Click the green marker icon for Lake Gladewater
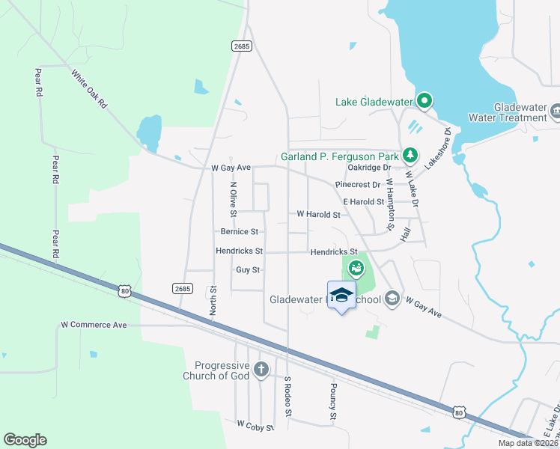pos(424,100)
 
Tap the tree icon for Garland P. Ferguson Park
pos(410,156)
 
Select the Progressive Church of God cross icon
pos(261,369)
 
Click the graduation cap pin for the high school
pos(341,295)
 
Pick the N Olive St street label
pos(234,200)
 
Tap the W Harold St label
pos(318,214)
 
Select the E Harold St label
pos(363,202)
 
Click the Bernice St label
pos(239,232)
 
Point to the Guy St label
pos(247,269)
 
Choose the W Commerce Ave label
pos(94,325)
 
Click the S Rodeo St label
pos(287,396)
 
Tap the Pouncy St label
pos(332,401)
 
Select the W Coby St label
pos(255,424)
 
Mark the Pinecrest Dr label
pos(359,184)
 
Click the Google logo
pos(25,440)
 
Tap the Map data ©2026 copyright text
pos(527,443)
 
